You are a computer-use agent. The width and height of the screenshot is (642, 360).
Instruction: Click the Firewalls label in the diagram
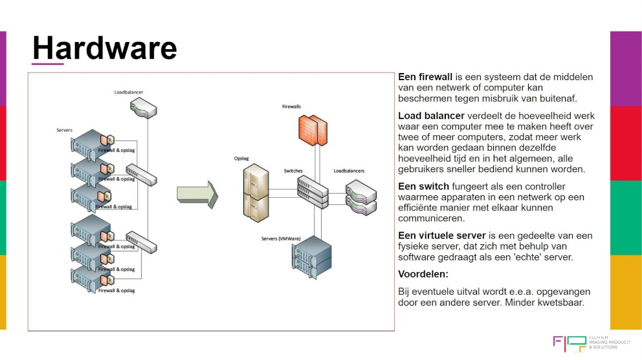(x=291, y=106)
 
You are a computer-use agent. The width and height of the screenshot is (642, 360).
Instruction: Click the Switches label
(x=293, y=171)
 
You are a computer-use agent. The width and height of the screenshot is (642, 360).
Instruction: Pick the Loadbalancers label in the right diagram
(x=349, y=171)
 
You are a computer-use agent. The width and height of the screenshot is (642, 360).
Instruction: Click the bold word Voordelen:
(x=423, y=275)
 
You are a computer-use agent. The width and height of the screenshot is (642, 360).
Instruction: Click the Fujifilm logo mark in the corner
(x=566, y=344)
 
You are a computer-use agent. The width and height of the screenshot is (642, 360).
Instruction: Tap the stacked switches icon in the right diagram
(x=313, y=191)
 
